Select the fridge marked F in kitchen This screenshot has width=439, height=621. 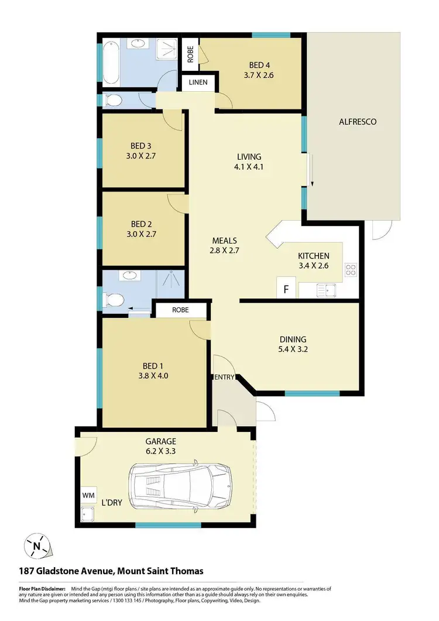click(x=286, y=289)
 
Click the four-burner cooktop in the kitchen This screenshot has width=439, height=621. click(x=351, y=270)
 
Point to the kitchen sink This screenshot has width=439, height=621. click(x=324, y=289)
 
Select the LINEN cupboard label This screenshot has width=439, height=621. click(x=198, y=83)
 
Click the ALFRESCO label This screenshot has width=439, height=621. click(x=357, y=122)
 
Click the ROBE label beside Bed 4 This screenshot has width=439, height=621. click(x=190, y=53)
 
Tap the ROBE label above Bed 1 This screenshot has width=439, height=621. click(x=180, y=310)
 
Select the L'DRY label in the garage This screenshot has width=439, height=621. click(x=111, y=503)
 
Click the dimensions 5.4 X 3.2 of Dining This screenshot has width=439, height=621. click(x=293, y=350)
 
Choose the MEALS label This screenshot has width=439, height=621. click(x=225, y=240)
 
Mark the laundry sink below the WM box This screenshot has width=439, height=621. click(x=88, y=515)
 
